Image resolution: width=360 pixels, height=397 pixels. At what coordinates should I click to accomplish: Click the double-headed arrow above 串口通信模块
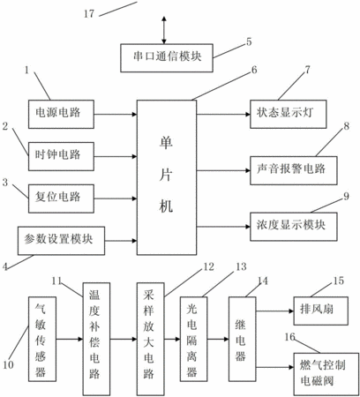point(164,30)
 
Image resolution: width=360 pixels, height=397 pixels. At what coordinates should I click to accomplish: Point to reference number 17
point(89,13)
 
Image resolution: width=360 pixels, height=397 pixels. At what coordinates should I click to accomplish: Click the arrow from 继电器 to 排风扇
point(275,311)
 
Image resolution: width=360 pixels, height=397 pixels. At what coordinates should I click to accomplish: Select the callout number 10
point(8,365)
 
